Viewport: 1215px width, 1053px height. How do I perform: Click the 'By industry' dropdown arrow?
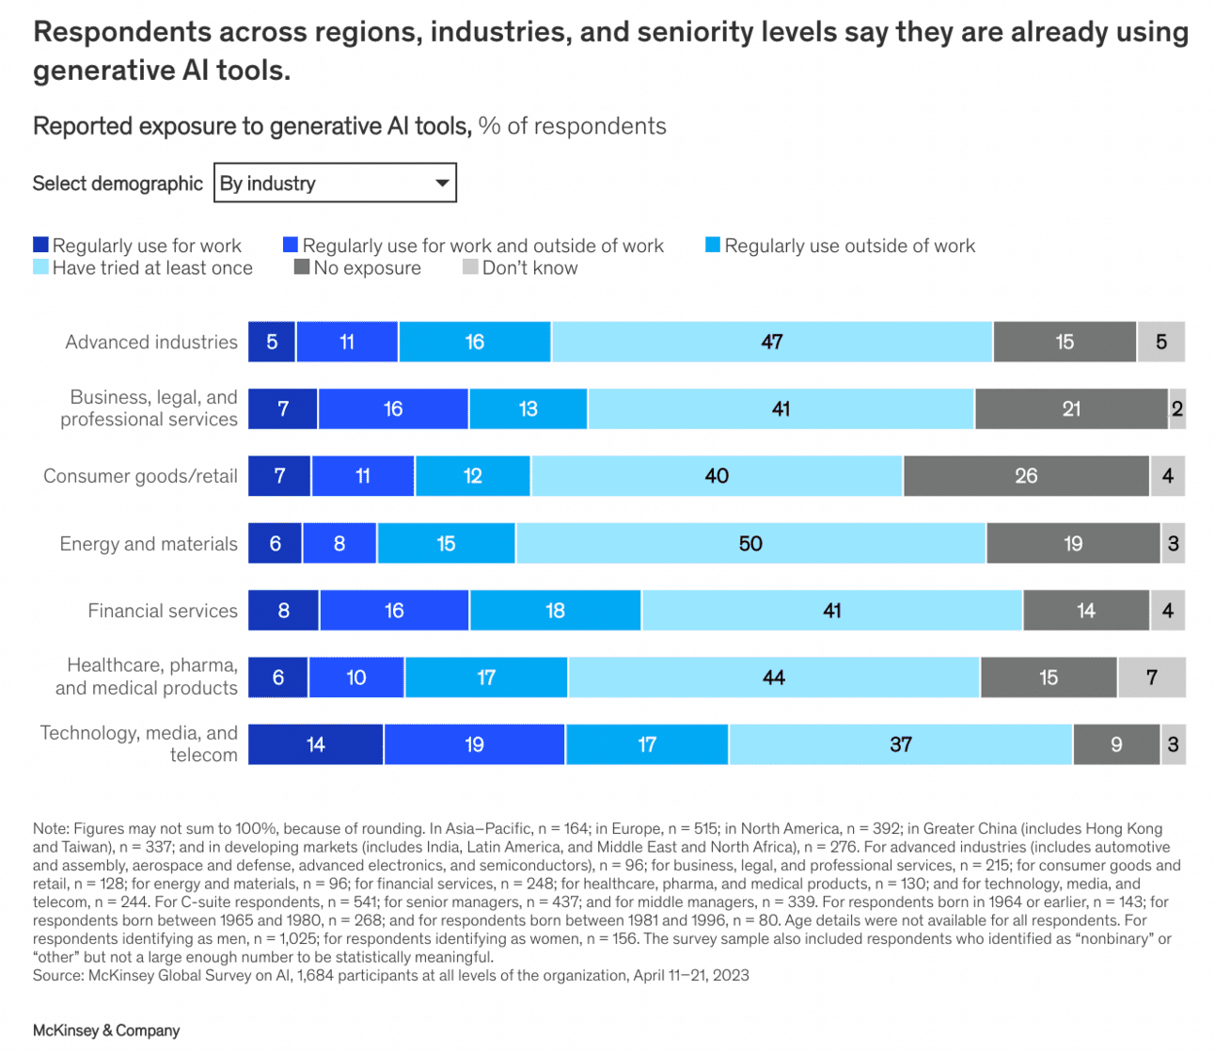(441, 183)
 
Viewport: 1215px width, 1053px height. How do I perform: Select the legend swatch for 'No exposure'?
(302, 267)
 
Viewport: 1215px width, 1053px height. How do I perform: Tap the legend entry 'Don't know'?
(529, 268)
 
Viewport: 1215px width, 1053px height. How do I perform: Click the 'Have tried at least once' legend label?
(152, 268)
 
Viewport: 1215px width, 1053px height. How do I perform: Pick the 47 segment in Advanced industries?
(771, 342)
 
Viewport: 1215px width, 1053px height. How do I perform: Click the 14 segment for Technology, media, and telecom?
(315, 744)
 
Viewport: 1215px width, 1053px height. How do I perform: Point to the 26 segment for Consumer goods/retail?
(1026, 476)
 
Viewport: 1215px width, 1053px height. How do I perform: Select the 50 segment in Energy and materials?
(750, 544)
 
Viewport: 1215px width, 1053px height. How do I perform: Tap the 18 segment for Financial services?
(555, 611)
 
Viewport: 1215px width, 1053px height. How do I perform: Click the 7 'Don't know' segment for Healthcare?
(1151, 678)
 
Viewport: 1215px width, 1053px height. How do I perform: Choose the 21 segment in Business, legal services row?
(1071, 409)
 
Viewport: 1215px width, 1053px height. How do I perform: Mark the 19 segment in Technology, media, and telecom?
(474, 744)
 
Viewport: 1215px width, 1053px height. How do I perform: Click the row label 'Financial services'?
(163, 611)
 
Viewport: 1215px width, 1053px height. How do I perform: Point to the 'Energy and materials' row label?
(149, 544)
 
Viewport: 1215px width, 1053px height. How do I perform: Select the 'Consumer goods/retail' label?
(140, 476)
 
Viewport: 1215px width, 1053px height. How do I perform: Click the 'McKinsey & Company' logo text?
(106, 1030)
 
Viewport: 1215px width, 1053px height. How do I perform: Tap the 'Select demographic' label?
(118, 183)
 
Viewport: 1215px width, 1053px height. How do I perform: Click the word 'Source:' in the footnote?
(58, 975)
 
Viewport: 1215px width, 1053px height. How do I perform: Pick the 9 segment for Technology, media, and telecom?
(1116, 744)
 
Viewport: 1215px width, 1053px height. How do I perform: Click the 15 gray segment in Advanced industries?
(1065, 342)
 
